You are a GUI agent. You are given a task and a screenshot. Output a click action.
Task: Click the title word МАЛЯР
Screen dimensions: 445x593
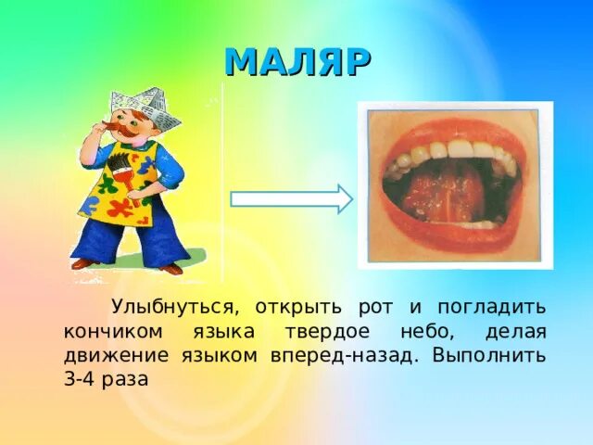(298, 62)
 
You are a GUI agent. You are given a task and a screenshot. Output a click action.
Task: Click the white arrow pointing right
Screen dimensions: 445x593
(291, 199)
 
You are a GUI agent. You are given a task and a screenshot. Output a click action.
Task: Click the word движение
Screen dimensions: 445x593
(110, 356)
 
